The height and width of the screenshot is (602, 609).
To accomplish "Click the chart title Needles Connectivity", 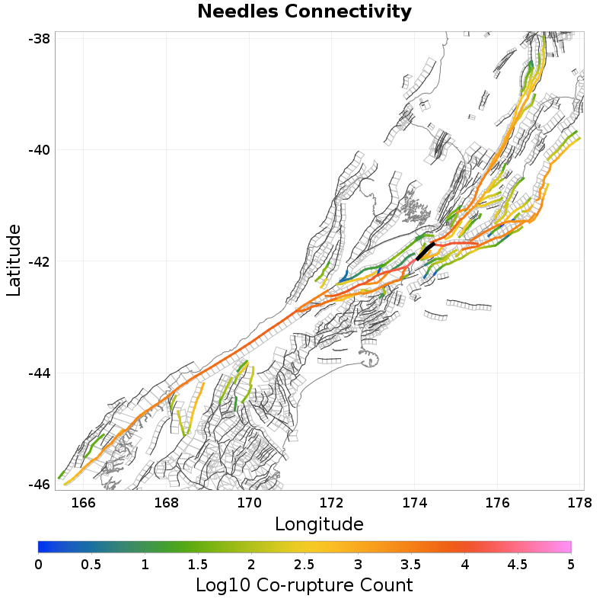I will (x=304, y=12).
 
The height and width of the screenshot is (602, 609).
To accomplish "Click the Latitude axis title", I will (x=14, y=260).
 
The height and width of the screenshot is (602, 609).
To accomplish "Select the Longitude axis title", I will (x=319, y=524).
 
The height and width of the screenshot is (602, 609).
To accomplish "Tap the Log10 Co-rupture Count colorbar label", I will (x=304, y=585).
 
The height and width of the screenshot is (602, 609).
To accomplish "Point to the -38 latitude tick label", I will (x=39, y=38).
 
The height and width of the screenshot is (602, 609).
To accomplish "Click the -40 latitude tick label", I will (x=39, y=149).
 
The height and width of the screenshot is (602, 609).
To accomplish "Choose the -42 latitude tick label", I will (x=39, y=261).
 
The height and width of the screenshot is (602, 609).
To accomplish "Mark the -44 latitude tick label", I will (x=39, y=373).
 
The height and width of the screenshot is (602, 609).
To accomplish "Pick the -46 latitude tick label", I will (x=39, y=484).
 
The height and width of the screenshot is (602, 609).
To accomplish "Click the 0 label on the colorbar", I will (x=38, y=565).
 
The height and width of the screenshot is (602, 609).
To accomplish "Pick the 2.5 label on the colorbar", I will (x=304, y=565).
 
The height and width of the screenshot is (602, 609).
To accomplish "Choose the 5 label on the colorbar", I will (x=570, y=565).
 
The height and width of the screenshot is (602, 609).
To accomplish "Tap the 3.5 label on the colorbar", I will (x=411, y=565).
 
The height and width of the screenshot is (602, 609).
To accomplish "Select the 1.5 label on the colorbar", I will (x=198, y=565).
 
